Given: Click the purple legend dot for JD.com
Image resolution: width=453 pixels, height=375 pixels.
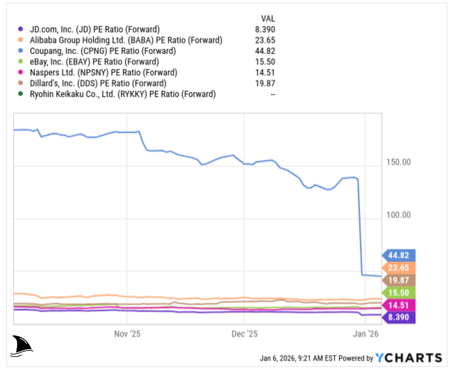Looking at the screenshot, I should (20, 29).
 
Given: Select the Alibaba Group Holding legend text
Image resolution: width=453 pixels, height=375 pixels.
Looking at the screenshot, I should (126, 40).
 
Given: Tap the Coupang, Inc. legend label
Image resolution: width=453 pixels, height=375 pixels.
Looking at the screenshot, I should (102, 51).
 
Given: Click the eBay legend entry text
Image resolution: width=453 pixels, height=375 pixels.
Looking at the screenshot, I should (94, 62).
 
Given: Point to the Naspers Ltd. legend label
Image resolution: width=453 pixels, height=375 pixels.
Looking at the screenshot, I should (103, 72).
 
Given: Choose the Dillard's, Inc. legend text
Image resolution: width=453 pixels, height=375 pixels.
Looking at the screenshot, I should (98, 83).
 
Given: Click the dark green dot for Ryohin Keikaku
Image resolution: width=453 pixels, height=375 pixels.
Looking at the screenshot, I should (20, 94).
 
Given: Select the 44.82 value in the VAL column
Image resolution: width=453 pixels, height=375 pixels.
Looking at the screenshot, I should (265, 51).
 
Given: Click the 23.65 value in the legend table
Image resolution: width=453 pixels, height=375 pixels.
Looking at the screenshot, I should (265, 40).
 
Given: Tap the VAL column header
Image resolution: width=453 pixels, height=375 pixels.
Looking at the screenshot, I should (267, 18).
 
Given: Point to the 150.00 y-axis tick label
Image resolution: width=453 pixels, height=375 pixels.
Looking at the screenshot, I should (398, 162).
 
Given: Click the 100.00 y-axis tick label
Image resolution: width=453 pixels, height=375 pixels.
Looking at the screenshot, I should (398, 215).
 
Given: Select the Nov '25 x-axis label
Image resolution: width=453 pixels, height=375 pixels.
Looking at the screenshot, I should (127, 334).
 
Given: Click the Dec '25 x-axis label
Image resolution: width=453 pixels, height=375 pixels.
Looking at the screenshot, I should (245, 334).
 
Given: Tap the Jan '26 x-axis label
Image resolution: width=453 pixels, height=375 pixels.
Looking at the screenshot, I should (365, 334).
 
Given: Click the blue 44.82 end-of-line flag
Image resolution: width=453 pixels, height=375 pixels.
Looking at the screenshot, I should (399, 255).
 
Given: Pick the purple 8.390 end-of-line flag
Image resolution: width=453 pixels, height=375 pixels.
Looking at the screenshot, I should (399, 317).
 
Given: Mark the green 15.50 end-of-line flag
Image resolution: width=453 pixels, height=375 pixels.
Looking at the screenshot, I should (399, 293).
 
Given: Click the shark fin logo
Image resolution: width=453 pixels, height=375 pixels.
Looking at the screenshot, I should (22, 346).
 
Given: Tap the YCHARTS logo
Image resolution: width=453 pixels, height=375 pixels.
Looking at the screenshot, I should (409, 358).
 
